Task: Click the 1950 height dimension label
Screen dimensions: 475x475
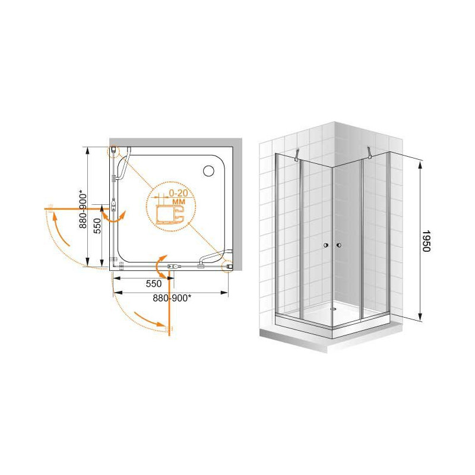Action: coord(426,241)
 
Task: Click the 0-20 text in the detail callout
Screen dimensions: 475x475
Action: coord(178,192)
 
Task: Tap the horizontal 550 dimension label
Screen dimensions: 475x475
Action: coord(154,284)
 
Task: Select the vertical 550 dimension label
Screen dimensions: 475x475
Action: coord(97,226)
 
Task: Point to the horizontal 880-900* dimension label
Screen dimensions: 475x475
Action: coord(172,298)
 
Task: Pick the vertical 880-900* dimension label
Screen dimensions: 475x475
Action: coord(83,209)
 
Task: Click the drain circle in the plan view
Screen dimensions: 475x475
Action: coord(208,171)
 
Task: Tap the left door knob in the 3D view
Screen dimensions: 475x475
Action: coord(325,245)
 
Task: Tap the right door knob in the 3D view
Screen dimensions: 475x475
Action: coord(339,245)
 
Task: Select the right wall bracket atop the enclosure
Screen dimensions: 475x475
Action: coord(369,153)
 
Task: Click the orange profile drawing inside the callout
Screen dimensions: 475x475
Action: coord(170,214)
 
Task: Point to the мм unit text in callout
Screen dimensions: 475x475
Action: coord(178,201)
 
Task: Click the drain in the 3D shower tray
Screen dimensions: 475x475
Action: coord(334,309)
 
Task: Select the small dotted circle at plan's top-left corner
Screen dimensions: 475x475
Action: coord(113,151)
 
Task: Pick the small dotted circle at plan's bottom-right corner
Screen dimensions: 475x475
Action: coord(227,266)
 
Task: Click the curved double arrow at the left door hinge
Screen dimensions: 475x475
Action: coord(113,217)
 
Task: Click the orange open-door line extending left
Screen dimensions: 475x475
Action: coord(77,209)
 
